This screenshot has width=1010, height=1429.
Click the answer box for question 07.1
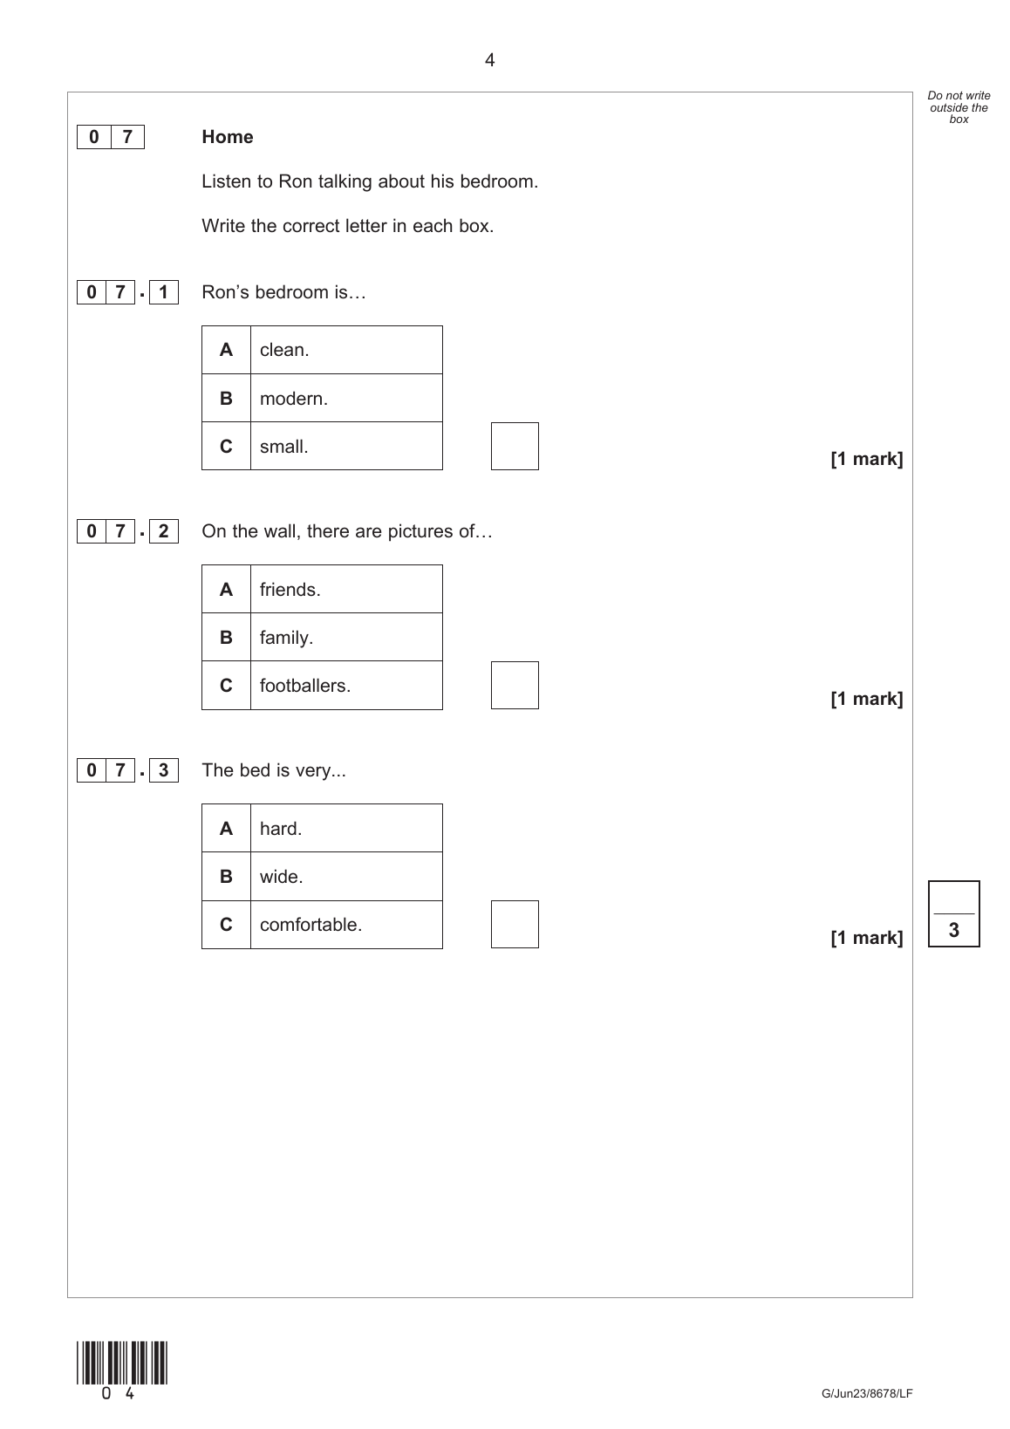click(x=515, y=447)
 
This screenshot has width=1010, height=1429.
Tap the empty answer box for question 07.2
click(x=515, y=686)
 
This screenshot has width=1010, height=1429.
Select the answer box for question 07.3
click(x=515, y=925)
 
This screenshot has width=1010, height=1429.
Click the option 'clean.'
click(x=284, y=350)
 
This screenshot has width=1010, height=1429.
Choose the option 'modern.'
click(x=294, y=399)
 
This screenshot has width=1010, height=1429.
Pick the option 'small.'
click(x=284, y=447)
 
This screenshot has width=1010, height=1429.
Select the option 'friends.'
click(x=290, y=590)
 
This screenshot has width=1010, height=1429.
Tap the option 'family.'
click(x=286, y=638)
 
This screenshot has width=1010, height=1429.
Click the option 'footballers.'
click(x=305, y=686)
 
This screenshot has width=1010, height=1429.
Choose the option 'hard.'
click(x=281, y=829)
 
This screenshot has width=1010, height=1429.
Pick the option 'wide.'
click(x=282, y=877)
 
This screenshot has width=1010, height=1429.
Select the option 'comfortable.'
click(x=311, y=925)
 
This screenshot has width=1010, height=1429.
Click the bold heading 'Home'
click(x=228, y=137)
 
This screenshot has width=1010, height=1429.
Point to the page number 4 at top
click(x=490, y=60)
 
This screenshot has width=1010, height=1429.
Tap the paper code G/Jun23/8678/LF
click(x=866, y=1393)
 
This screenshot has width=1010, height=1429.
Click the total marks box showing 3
click(x=953, y=914)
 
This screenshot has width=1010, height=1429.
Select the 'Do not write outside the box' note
click(x=959, y=107)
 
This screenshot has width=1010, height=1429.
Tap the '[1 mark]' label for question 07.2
click(x=866, y=699)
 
